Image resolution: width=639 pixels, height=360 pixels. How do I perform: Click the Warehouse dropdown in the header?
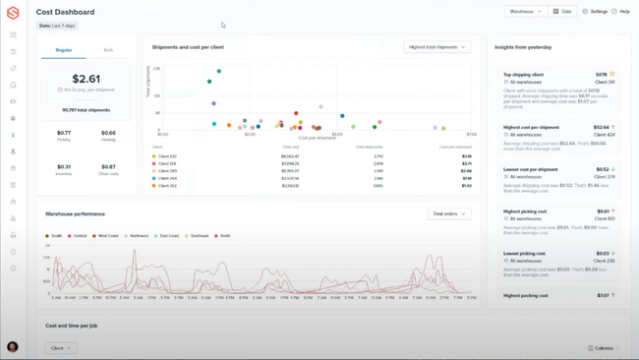tap(525, 12)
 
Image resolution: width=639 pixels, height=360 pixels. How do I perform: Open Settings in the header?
tap(595, 12)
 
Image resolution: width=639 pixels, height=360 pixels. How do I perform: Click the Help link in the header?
tap(620, 12)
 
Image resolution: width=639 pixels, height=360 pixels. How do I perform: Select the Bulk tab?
tap(108, 50)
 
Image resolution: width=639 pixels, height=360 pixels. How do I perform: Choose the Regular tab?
tap(64, 50)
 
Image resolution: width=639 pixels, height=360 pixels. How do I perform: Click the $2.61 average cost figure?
tap(86, 79)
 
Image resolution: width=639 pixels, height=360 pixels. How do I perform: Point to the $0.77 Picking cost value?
tap(64, 133)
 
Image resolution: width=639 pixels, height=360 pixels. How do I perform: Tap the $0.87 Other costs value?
tap(108, 166)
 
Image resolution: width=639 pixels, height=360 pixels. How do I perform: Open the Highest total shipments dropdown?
tap(436, 47)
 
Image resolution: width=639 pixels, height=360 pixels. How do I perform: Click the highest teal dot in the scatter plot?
tap(218, 71)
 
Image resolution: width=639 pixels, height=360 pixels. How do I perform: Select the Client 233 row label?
tap(167, 156)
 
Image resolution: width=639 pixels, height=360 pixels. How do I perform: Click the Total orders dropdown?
tap(449, 213)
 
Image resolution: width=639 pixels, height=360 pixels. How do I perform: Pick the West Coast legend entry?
tap(106, 236)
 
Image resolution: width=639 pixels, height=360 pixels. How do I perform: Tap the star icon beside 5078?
tap(612, 74)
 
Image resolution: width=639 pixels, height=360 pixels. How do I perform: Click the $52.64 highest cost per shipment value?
tap(601, 127)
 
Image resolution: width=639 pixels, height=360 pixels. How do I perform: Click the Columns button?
tap(604, 348)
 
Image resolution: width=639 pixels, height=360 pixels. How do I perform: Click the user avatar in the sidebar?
tap(13, 347)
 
